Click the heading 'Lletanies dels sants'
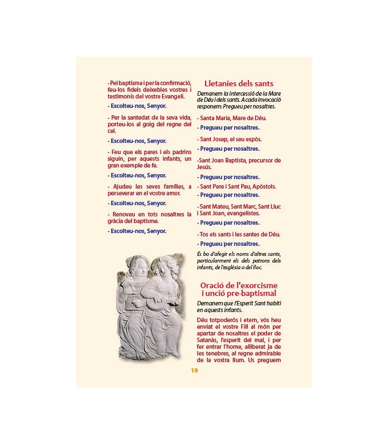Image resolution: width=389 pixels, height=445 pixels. pos(239,83)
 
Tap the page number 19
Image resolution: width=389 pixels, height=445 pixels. pos(194,370)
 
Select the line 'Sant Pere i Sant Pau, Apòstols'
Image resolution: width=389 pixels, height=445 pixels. pos(237,186)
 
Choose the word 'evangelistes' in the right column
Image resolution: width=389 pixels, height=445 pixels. pos(246,213)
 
